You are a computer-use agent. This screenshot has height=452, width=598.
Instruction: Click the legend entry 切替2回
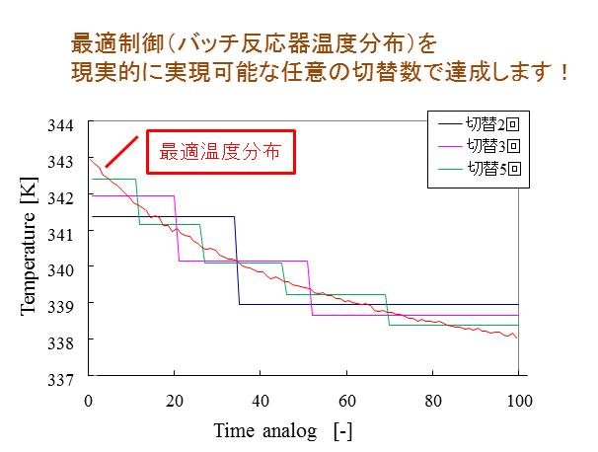(491, 124)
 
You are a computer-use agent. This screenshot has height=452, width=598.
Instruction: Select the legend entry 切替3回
(491, 146)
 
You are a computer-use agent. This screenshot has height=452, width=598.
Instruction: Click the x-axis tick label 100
(519, 400)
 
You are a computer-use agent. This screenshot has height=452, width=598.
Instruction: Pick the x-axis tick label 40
(261, 400)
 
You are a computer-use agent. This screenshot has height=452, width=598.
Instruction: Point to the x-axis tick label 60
(346, 400)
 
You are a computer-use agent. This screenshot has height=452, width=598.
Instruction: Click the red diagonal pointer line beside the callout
(119, 151)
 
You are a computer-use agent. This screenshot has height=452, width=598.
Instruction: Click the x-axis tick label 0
(89, 400)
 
